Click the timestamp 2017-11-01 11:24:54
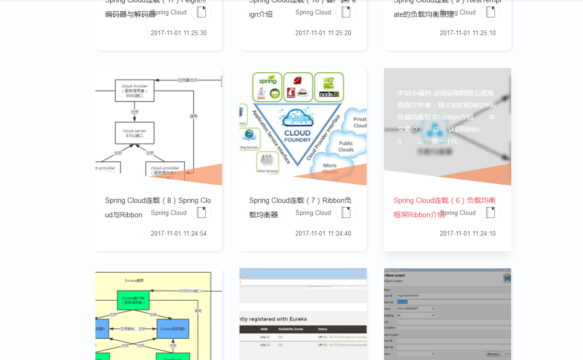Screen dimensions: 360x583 (178, 233)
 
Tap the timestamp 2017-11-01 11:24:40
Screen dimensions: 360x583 (323, 233)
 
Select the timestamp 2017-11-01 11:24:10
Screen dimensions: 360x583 (467, 233)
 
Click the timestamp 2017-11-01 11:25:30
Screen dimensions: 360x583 (178, 33)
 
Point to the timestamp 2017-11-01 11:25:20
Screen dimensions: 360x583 (323, 33)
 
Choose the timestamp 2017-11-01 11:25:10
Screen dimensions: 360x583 (467, 33)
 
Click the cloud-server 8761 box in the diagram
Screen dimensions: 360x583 (134, 133)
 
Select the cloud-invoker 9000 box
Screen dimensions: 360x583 (134, 90)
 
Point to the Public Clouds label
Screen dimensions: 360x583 (346, 146)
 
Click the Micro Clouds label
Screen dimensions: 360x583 (330, 169)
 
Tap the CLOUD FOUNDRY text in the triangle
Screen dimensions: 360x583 (298, 136)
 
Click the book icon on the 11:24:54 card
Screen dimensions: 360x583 (201, 213)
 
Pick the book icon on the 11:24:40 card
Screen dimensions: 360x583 (346, 213)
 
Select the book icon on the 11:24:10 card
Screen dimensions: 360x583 (490, 213)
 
